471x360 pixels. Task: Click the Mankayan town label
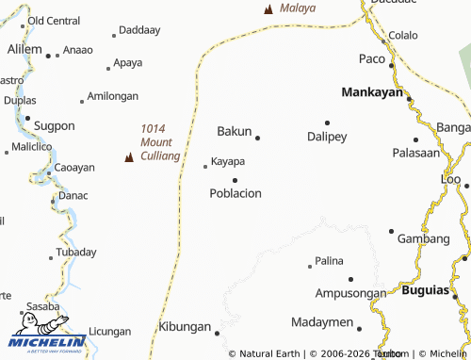click(371, 93)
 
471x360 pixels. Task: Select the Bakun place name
click(235, 131)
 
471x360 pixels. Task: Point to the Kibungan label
click(184, 326)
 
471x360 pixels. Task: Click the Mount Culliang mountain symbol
click(129, 157)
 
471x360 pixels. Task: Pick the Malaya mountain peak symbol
click(268, 9)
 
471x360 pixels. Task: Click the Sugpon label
click(54, 125)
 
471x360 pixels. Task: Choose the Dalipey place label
click(327, 137)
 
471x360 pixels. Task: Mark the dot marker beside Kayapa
click(205, 167)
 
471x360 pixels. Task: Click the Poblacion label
click(235, 193)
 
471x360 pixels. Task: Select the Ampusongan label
click(350, 293)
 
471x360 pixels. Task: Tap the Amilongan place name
click(112, 96)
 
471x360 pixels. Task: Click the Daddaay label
click(140, 30)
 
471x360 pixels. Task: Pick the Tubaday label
click(75, 252)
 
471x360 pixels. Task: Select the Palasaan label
click(415, 153)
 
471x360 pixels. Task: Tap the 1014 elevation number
click(153, 128)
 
